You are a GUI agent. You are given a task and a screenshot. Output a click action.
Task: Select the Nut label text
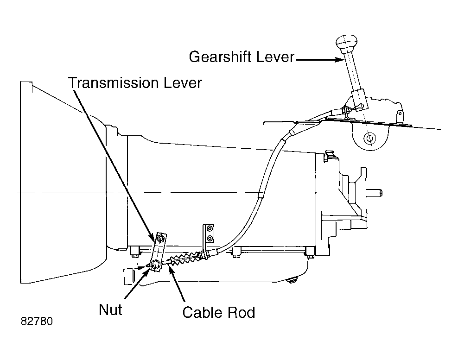click(110, 310)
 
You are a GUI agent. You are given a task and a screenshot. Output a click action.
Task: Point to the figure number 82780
click(37, 322)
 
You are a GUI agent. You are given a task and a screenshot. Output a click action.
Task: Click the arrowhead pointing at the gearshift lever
click(339, 60)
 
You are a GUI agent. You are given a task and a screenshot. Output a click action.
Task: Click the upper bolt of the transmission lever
click(160, 239)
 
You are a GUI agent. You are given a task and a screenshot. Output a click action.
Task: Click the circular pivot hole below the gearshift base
click(369, 138)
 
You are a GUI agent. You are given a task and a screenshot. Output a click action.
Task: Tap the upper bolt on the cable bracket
click(210, 228)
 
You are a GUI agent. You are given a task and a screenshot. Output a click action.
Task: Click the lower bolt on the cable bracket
click(210, 238)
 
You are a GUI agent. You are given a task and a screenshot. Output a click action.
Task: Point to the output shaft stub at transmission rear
click(375, 193)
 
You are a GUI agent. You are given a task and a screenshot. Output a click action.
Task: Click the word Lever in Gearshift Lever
click(275, 57)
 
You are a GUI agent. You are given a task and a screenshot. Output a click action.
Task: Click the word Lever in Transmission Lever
click(183, 83)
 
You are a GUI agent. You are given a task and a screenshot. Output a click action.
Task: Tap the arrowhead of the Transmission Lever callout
click(152, 237)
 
